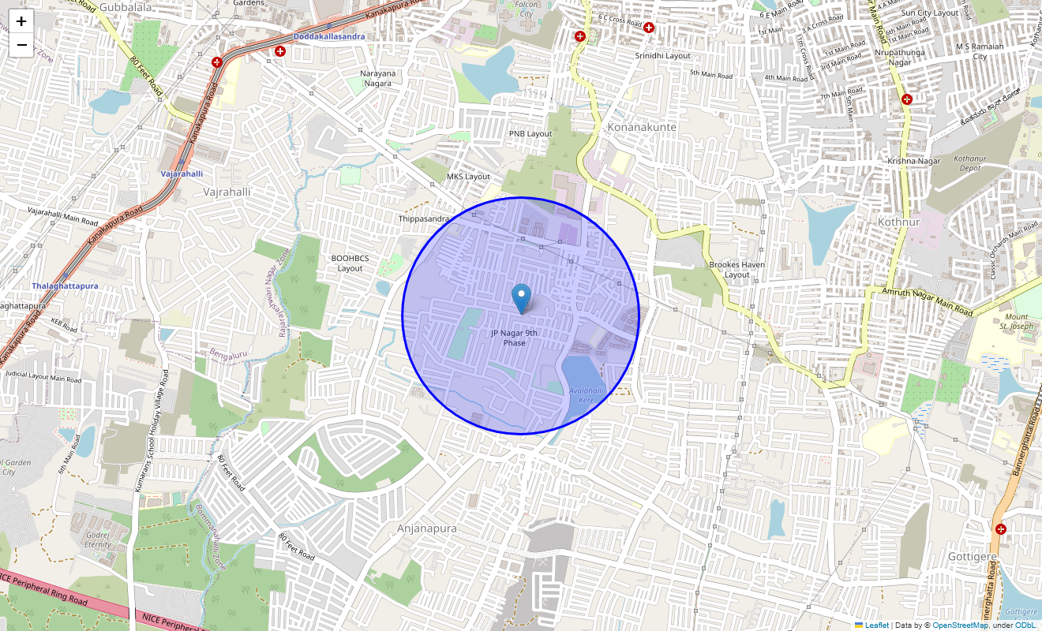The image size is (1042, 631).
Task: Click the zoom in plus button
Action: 21,21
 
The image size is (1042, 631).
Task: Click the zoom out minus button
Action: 21,45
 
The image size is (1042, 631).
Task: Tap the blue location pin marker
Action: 521,299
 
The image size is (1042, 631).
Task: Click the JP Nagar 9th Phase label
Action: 514,338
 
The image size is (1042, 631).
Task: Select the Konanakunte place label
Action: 641,126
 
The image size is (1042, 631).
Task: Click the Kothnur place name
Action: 899,222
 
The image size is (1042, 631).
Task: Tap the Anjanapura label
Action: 426,528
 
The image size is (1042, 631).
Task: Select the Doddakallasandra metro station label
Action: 329,36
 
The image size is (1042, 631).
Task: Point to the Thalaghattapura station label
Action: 65,286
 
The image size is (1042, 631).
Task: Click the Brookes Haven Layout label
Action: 737,270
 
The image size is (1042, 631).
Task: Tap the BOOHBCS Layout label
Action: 350,263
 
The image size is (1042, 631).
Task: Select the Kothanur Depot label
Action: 969,163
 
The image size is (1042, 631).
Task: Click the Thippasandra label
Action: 424,218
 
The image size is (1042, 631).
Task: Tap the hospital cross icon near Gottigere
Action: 1001,528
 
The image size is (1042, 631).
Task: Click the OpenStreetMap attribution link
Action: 960,625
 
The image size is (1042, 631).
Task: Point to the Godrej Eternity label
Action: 98,540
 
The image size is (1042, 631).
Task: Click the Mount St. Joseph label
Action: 1016,321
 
